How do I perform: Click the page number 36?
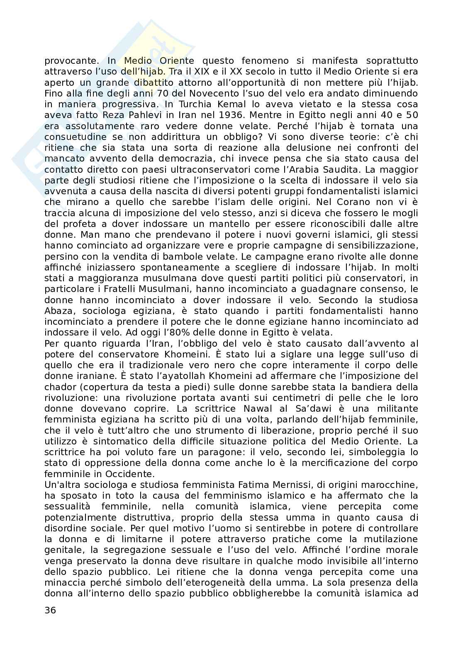50,610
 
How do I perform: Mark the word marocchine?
392,484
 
